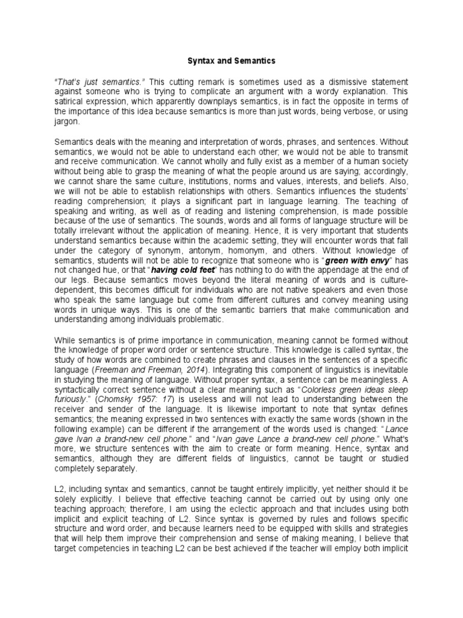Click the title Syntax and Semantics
pos(231,61)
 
